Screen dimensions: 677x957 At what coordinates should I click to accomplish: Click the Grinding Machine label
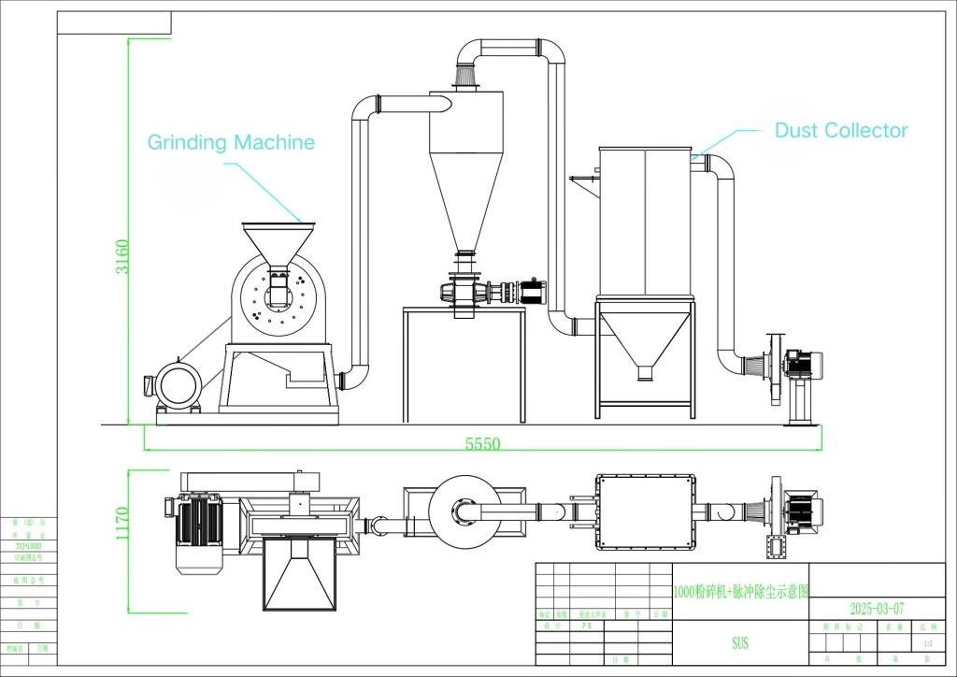(x=231, y=142)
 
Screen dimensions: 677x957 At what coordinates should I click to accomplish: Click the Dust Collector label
(x=841, y=131)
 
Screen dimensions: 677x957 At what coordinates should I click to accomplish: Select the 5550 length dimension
(x=482, y=444)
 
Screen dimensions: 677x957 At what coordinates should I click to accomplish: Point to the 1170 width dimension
(x=119, y=528)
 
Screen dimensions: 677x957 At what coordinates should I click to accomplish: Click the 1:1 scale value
(x=927, y=644)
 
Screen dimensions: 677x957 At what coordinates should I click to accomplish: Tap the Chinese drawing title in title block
(x=741, y=591)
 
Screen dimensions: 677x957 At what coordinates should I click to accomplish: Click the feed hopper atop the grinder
(x=278, y=238)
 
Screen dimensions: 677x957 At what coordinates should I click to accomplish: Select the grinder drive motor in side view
(x=177, y=384)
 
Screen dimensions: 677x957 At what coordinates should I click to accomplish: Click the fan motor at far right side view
(x=805, y=364)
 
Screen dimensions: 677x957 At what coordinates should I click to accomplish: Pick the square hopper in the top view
(x=298, y=575)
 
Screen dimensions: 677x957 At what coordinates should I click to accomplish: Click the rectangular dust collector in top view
(x=645, y=511)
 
